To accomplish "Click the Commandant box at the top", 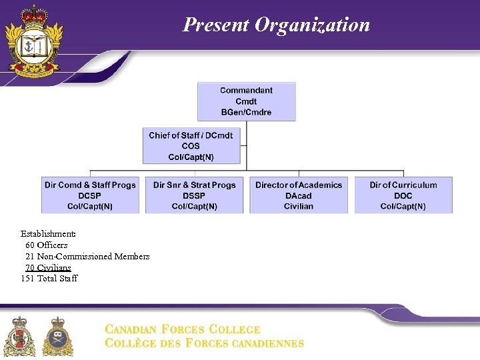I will click(246, 101).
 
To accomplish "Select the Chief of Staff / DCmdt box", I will click(191, 146).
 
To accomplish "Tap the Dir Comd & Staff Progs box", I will click(90, 195).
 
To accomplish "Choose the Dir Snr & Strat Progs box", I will click(195, 195).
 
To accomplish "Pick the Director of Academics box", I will click(299, 195).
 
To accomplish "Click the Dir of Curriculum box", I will click(403, 195).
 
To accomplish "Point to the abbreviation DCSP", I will click(90, 196).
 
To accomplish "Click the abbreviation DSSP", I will click(195, 196).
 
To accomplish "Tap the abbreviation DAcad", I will click(299, 196).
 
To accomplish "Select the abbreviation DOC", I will click(403, 196).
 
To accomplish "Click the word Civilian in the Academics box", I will click(299, 207).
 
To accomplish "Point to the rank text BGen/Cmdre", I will click(246, 113).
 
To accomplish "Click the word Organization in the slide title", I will click(312, 25).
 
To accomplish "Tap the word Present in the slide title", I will click(215, 25).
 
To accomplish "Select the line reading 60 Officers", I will click(47, 245).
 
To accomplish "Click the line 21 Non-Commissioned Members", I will click(87, 257).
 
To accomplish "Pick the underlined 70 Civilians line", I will click(48, 267).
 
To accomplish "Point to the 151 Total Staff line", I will click(49, 279).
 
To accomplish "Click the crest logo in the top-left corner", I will click(34, 41).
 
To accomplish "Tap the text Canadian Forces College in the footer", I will click(183, 329).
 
